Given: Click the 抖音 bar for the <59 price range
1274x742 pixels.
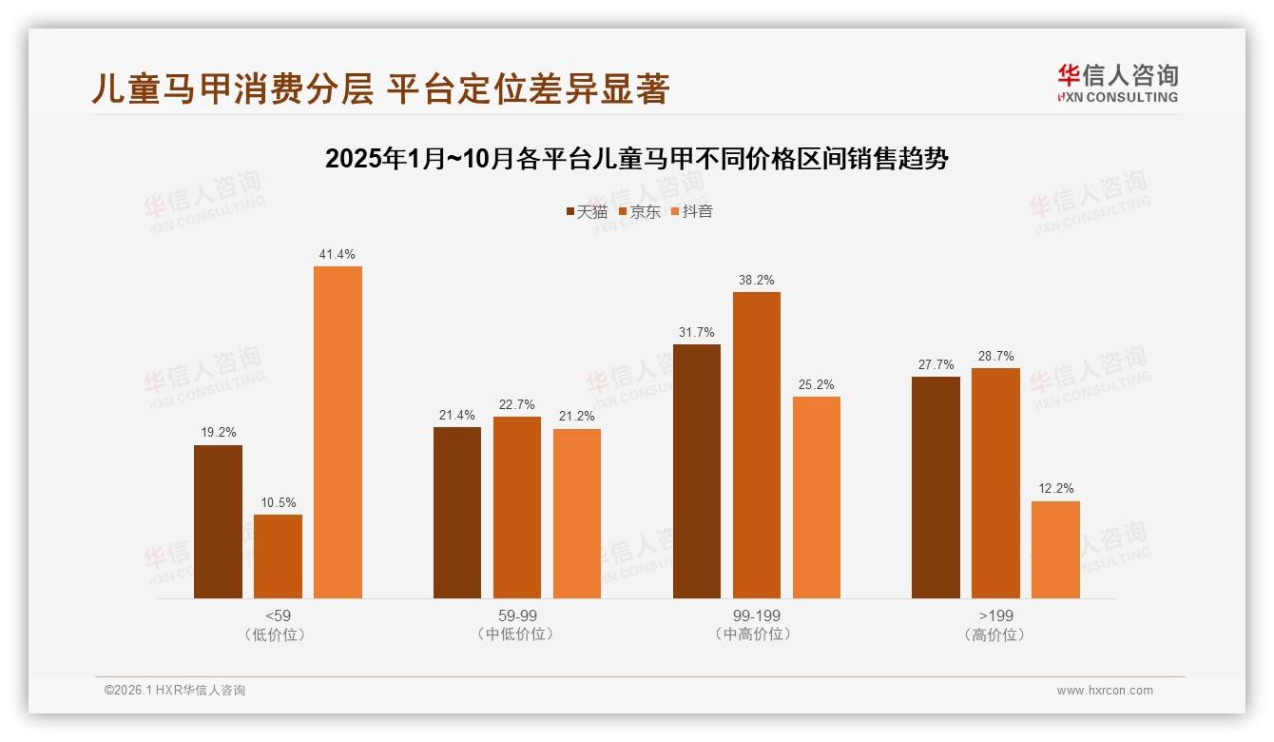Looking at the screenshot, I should pyautogui.click(x=338, y=432).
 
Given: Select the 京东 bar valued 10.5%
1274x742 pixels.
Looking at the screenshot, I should pyautogui.click(x=278, y=556).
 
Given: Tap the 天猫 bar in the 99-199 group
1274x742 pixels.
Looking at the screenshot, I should pyautogui.click(x=696, y=471).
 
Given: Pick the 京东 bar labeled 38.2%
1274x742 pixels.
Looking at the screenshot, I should pyautogui.click(x=756, y=445).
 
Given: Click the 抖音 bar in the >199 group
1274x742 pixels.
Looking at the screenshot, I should pyautogui.click(x=1055, y=550).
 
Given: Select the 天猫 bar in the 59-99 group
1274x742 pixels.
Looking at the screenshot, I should pyautogui.click(x=457, y=513).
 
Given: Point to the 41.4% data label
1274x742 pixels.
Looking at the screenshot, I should pyautogui.click(x=338, y=254).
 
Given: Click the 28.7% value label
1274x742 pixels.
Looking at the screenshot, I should pyautogui.click(x=995, y=356).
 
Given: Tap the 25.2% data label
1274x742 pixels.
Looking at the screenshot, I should pyautogui.click(x=816, y=384).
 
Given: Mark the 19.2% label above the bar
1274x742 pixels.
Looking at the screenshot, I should pyautogui.click(x=218, y=432).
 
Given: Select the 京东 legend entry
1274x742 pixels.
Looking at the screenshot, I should pyautogui.click(x=639, y=211).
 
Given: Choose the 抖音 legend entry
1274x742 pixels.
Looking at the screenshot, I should pyautogui.click(x=691, y=211).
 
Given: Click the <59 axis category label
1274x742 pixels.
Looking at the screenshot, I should pyautogui.click(x=278, y=615).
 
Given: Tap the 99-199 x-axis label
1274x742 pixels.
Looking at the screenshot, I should pyautogui.click(x=756, y=615).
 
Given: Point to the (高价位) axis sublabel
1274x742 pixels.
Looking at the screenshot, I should pyautogui.click(x=995, y=635).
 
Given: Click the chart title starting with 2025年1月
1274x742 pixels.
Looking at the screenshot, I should pyautogui.click(x=636, y=159).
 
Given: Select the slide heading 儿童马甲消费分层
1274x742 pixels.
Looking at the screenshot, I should pyautogui.click(x=380, y=88).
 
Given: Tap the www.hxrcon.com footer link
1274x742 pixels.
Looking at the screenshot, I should pyautogui.click(x=1105, y=691).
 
